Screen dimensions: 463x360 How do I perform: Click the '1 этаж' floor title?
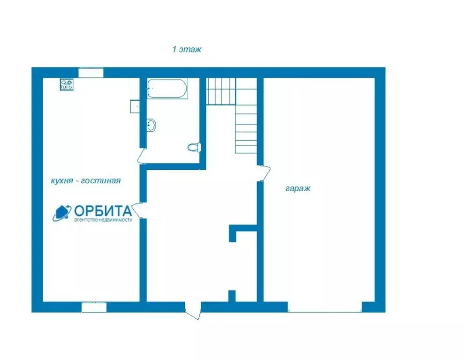(x=187, y=49)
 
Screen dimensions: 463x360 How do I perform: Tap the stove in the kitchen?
(x=67, y=84)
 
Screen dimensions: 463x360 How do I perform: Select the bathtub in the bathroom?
(x=167, y=88)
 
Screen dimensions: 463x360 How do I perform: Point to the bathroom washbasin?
(x=151, y=125)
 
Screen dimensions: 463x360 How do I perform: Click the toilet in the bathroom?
(x=194, y=147)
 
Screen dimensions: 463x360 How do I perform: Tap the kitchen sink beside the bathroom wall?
(x=135, y=106)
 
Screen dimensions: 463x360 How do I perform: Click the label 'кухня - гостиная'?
(x=86, y=180)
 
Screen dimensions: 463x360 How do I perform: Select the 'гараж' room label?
(x=298, y=188)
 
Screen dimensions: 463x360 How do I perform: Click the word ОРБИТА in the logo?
(x=103, y=210)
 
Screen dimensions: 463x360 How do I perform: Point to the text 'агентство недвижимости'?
(x=103, y=220)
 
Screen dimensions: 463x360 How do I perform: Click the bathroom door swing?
(x=142, y=156)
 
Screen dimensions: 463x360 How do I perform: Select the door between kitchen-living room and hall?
(x=137, y=210)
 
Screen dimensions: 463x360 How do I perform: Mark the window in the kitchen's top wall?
(x=91, y=73)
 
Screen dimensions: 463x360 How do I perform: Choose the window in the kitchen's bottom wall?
(x=94, y=307)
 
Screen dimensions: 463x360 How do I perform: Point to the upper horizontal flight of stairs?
(x=221, y=91)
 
